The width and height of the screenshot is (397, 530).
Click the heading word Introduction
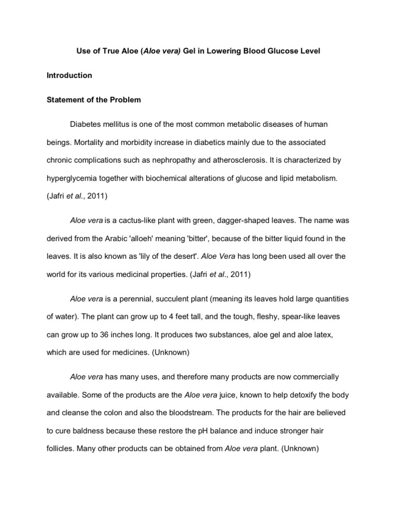tap(69, 75)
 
